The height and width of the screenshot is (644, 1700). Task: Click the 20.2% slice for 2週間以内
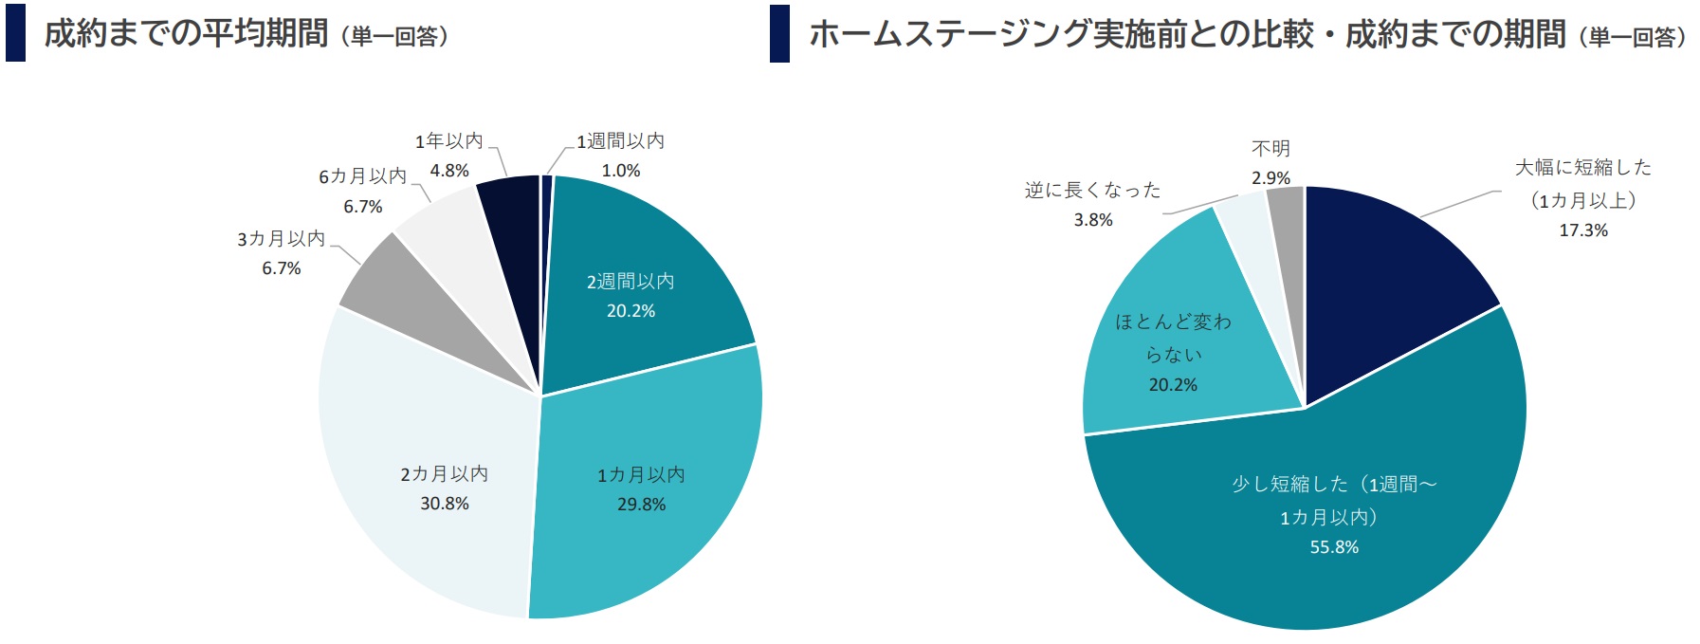click(x=645, y=275)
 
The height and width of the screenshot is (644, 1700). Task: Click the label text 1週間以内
click(x=621, y=141)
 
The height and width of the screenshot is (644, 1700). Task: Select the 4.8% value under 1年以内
click(x=449, y=171)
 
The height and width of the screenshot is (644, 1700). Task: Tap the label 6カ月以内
click(x=362, y=176)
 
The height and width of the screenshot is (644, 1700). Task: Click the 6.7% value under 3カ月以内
click(x=282, y=268)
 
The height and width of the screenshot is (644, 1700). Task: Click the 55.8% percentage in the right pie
click(x=1334, y=547)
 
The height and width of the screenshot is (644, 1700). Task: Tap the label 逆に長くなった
click(x=1092, y=190)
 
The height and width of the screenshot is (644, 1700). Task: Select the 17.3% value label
click(x=1583, y=230)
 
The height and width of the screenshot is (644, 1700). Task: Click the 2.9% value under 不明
click(x=1270, y=178)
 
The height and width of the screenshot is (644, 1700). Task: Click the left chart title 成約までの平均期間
click(x=187, y=34)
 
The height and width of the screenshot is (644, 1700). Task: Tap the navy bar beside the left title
click(x=15, y=33)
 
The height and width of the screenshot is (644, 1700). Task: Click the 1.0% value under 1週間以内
click(x=621, y=171)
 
